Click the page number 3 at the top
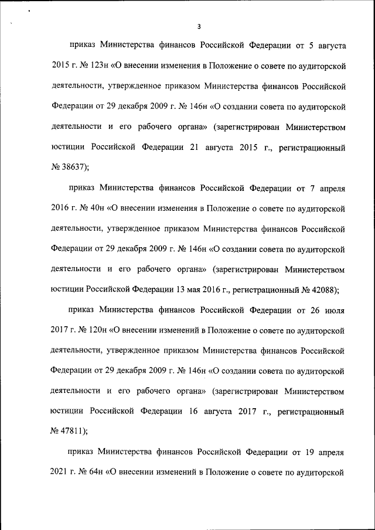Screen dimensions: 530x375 (199, 26)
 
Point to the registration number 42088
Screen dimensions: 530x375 (323, 289)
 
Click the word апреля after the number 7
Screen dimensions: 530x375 (331, 188)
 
